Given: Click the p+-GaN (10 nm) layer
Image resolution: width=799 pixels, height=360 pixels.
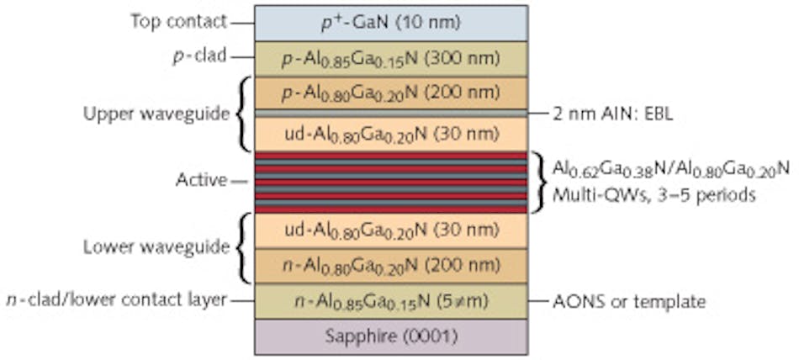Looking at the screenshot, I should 391,23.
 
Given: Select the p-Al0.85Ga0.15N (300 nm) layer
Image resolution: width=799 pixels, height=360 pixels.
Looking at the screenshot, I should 391,58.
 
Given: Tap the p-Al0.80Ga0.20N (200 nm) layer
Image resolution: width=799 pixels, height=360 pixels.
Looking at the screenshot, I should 391,93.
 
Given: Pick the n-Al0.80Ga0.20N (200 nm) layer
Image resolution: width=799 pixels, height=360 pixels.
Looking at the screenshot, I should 391,266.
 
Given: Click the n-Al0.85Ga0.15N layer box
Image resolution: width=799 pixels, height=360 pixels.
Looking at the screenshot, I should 391,300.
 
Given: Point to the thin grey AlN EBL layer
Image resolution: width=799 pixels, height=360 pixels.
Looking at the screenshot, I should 391,112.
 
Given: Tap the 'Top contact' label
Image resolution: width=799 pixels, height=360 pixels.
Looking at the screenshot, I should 178,20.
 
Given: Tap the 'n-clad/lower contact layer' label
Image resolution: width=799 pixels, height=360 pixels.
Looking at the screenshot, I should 114,299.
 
